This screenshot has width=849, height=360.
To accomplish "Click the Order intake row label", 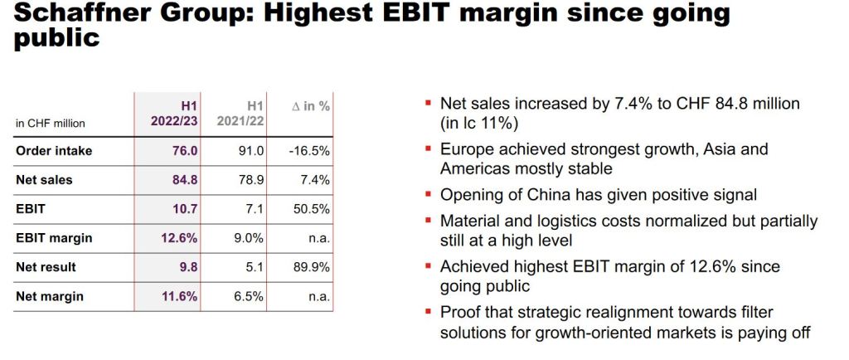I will tap(54, 151).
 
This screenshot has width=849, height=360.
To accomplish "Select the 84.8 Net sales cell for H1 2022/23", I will tap(182, 180).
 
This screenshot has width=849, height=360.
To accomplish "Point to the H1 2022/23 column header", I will tap(173, 114).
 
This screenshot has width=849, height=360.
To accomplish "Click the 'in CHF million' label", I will tap(51, 124).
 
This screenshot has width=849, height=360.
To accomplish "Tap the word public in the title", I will tap(56, 38).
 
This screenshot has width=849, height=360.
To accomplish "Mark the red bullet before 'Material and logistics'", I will tap(428, 221).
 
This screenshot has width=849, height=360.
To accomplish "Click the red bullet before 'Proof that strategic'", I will tap(428, 312).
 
